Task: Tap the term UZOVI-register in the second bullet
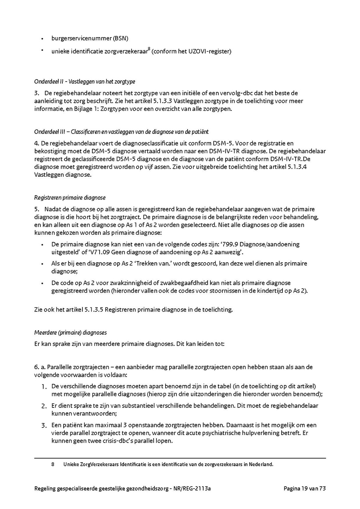point(212,51)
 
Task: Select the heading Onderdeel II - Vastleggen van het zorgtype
point(84,82)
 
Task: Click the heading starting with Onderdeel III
point(121,132)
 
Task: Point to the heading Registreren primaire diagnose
point(70,198)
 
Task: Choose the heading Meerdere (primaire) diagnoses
point(70,333)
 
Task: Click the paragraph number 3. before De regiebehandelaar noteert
point(36,93)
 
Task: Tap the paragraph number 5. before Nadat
point(36,209)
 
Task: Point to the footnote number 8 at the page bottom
point(53,465)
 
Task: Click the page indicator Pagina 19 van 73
point(305,488)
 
